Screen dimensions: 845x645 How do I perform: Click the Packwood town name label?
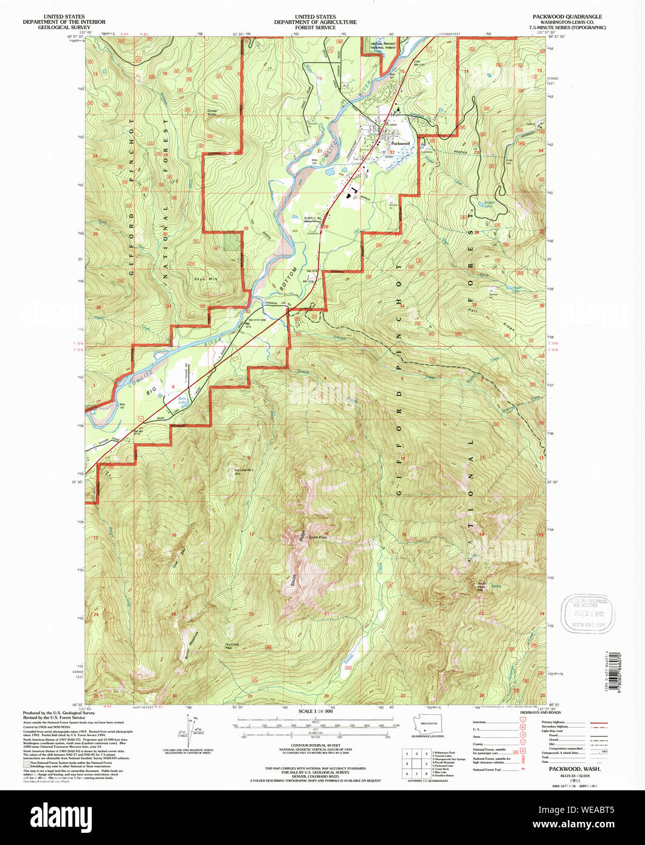click(400, 143)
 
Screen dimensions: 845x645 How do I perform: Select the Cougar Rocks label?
click(216, 112)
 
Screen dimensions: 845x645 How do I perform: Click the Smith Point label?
click(318, 537)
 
